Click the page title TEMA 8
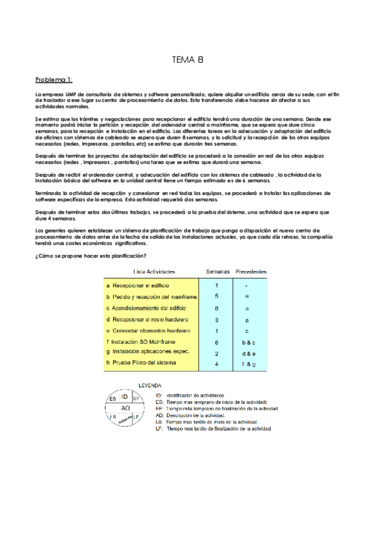[x=187, y=60]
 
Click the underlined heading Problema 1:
[x=54, y=79]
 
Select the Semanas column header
[x=217, y=272]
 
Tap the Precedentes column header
[x=251, y=272]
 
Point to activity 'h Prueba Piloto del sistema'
[x=141, y=363]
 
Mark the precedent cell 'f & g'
[x=247, y=363]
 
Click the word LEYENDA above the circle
[x=148, y=385]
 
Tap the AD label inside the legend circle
[x=126, y=407]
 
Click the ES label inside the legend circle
[x=112, y=399]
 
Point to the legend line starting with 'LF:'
[x=213, y=429]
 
